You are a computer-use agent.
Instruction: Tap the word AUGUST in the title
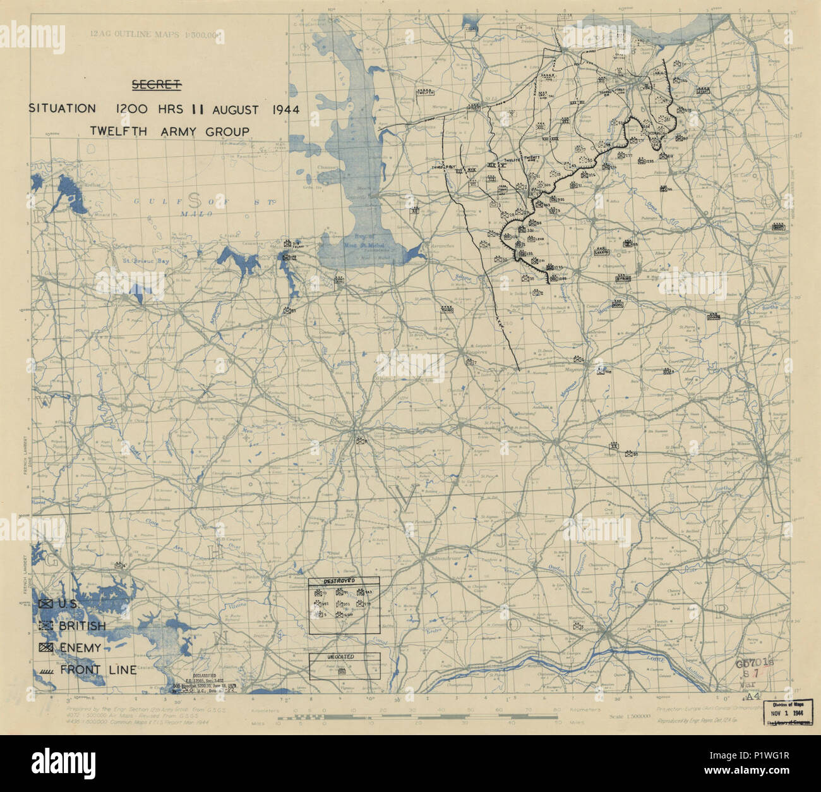(x=234, y=109)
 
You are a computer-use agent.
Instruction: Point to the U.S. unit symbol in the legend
(x=45, y=604)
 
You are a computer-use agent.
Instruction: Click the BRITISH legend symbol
(x=45, y=626)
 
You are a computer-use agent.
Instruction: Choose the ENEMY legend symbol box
(x=45, y=647)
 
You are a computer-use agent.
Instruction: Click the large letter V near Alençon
(x=774, y=279)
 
